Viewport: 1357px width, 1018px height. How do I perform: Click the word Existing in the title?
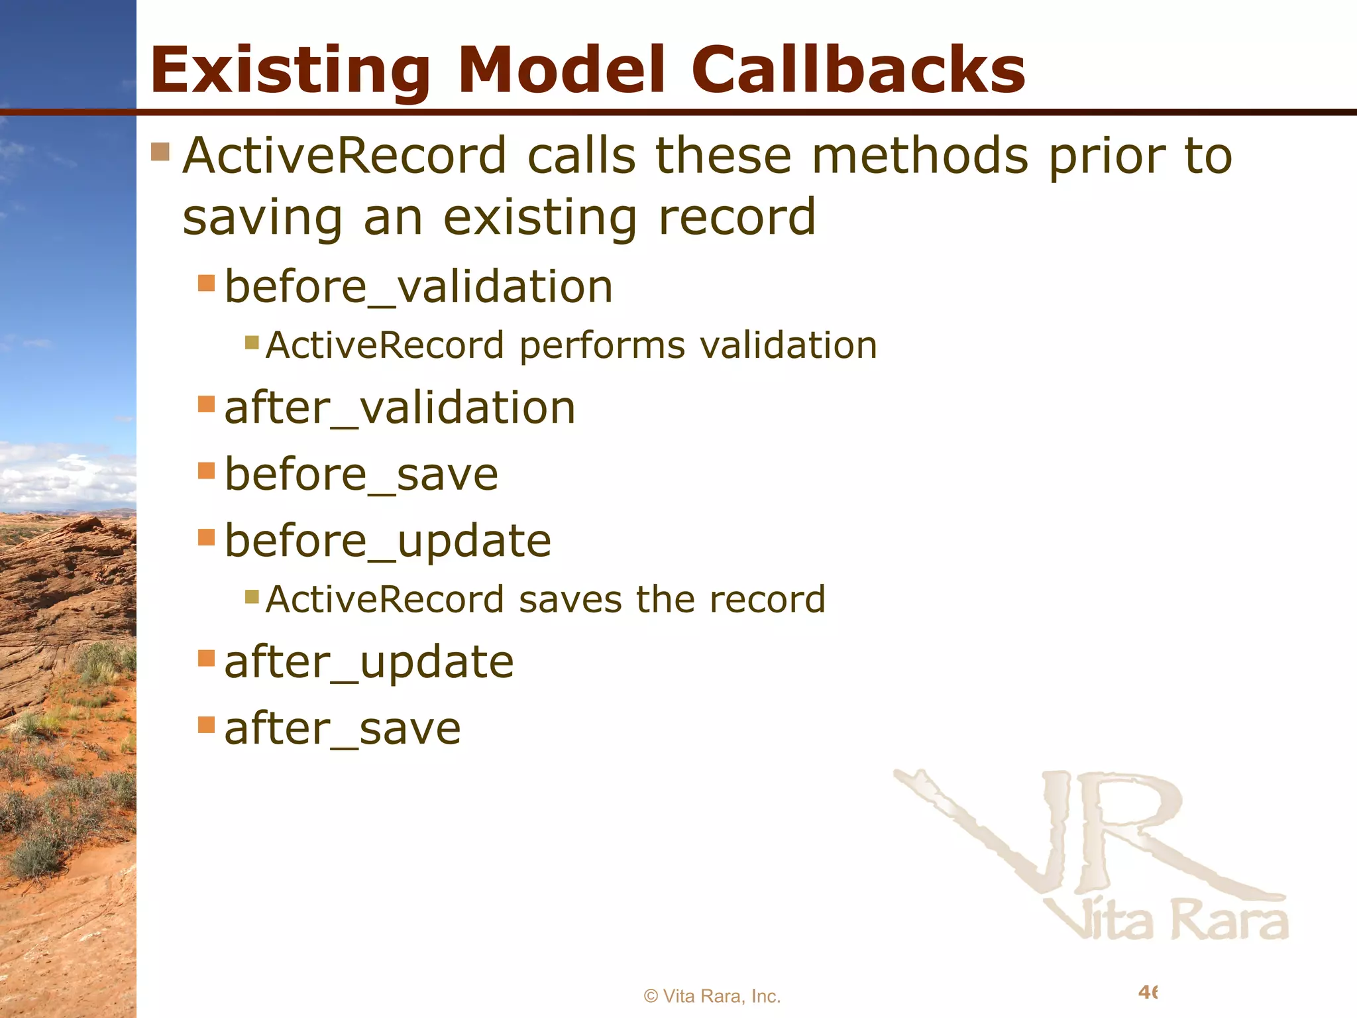coord(290,70)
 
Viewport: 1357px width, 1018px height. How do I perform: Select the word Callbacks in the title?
coord(858,70)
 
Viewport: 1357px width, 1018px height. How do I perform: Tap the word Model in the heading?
coord(561,70)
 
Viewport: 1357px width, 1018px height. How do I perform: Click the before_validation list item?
coord(419,287)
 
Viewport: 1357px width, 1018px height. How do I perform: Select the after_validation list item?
coord(400,408)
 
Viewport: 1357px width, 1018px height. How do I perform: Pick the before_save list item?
coord(361,475)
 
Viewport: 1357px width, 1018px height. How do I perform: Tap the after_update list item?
coord(369,661)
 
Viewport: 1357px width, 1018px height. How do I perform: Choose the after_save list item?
coord(343,728)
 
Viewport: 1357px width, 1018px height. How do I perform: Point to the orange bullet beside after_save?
coord(207,724)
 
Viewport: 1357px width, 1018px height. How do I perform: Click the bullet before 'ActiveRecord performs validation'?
coord(252,343)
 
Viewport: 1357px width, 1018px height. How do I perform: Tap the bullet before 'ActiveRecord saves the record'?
coord(252,596)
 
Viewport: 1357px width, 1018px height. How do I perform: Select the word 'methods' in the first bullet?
coord(920,156)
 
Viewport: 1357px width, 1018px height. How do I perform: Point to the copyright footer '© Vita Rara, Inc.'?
coord(712,996)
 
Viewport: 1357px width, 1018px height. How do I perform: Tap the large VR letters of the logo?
coord(1087,835)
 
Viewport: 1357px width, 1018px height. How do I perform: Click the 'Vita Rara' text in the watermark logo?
coord(1166,920)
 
